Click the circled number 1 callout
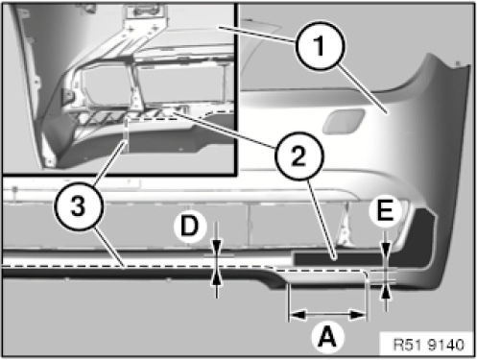click(320, 45)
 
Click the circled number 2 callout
click(299, 156)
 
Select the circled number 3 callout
click(79, 205)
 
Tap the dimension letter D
click(190, 227)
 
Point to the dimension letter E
click(385, 211)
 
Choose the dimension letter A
click(328, 337)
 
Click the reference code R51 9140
click(428, 345)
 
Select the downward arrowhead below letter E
click(386, 251)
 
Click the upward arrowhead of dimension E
click(386, 292)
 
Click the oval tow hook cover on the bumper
click(344, 121)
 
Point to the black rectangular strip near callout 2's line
click(339, 258)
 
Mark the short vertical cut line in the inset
click(126, 134)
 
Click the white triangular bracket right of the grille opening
click(345, 229)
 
